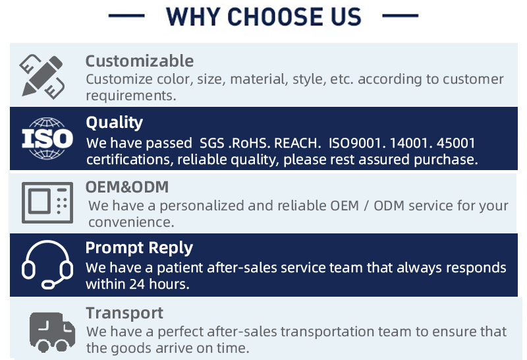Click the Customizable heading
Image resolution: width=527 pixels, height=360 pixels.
pyautogui.click(x=140, y=61)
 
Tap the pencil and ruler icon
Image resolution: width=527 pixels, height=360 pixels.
pyautogui.click(x=42, y=76)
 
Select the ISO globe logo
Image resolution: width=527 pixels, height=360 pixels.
pyautogui.click(x=47, y=138)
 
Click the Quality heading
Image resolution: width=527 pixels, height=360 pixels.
pyautogui.click(x=114, y=123)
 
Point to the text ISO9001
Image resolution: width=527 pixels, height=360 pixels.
pyautogui.click(x=354, y=143)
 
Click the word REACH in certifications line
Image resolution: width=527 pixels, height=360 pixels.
pyautogui.click(x=295, y=143)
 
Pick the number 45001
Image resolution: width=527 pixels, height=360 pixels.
pyautogui.click(x=455, y=143)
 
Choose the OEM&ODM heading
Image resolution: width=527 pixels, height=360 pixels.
pyautogui.click(x=127, y=187)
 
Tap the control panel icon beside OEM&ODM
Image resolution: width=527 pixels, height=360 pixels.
pyautogui.click(x=47, y=202)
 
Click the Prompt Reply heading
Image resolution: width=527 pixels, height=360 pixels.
pyautogui.click(x=139, y=248)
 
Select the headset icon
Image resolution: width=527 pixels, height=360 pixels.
pyautogui.click(x=47, y=264)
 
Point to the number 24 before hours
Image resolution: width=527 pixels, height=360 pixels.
pyautogui.click(x=137, y=284)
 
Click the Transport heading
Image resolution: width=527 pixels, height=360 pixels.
pyautogui.click(x=125, y=313)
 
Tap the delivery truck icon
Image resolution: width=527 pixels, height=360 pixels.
pyautogui.click(x=52, y=332)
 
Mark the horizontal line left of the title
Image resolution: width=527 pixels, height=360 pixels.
pyautogui.click(x=126, y=15)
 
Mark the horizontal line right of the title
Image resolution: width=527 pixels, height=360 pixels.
pyautogui.click(x=401, y=15)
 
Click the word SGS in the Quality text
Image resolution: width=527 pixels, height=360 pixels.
pyautogui.click(x=211, y=143)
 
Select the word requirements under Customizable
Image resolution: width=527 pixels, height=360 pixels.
pyautogui.click(x=130, y=96)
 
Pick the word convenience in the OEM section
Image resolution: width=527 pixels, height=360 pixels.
pyautogui.click(x=131, y=222)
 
